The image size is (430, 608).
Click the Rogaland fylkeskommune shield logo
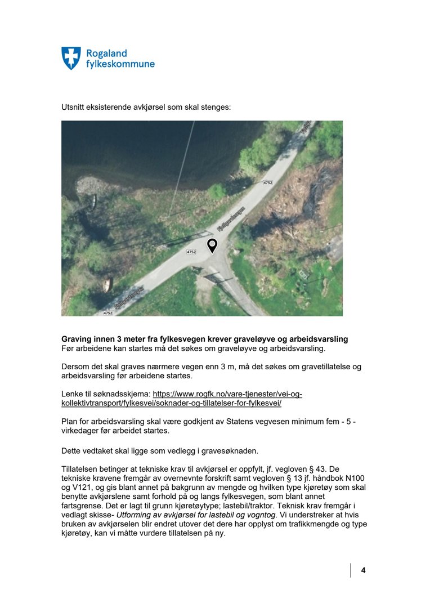tap(71, 58)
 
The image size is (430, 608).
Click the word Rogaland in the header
tap(106, 53)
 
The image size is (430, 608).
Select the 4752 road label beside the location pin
tap(191, 252)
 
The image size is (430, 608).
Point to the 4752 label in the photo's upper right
tap(268, 182)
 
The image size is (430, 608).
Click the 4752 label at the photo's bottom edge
tap(108, 312)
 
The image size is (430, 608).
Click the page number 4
tap(363, 570)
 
